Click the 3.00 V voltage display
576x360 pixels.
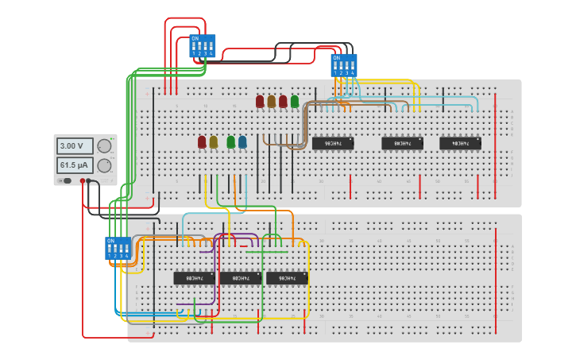(75, 146)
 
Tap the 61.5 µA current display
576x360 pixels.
(75, 165)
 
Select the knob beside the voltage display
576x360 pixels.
(104, 146)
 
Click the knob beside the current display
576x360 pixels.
(104, 165)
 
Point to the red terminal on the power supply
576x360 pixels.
(82, 181)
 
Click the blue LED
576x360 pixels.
(242, 142)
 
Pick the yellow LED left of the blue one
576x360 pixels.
(213, 142)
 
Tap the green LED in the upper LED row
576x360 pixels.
(295, 102)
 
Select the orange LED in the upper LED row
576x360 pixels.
(272, 102)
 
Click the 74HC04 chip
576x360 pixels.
(460, 144)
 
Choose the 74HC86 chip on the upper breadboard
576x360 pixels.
(332, 144)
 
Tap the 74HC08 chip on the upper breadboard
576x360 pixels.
(402, 144)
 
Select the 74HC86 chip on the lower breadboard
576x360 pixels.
(286, 278)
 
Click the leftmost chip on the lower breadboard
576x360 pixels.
(194, 278)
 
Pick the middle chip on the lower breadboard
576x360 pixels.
(240, 278)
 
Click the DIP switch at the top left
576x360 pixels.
(203, 46)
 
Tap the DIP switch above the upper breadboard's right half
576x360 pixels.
(344, 65)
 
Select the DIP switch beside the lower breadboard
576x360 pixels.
(118, 249)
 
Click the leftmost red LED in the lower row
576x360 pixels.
(202, 142)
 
